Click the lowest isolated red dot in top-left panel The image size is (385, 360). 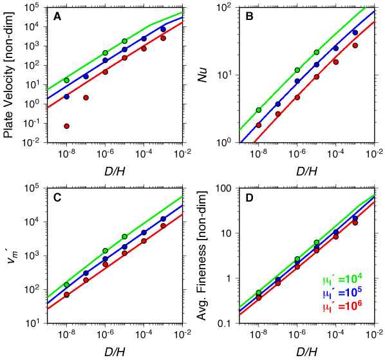coord(66,126)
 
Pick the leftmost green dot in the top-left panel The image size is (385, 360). coord(66,81)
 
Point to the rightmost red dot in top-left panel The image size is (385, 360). coord(163,38)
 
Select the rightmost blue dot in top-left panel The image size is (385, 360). coord(163,29)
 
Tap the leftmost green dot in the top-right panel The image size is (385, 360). coord(259,110)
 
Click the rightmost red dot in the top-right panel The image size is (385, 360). coord(355,46)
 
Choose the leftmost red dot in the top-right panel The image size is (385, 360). coord(259,125)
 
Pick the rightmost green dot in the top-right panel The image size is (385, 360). coord(317,52)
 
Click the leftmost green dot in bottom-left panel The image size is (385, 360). coord(66,284)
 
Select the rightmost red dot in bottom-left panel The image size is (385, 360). coord(163,225)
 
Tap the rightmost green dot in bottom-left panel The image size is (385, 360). coord(124,236)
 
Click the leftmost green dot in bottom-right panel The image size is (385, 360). coord(259,292)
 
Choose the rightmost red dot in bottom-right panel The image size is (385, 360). coord(355,223)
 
